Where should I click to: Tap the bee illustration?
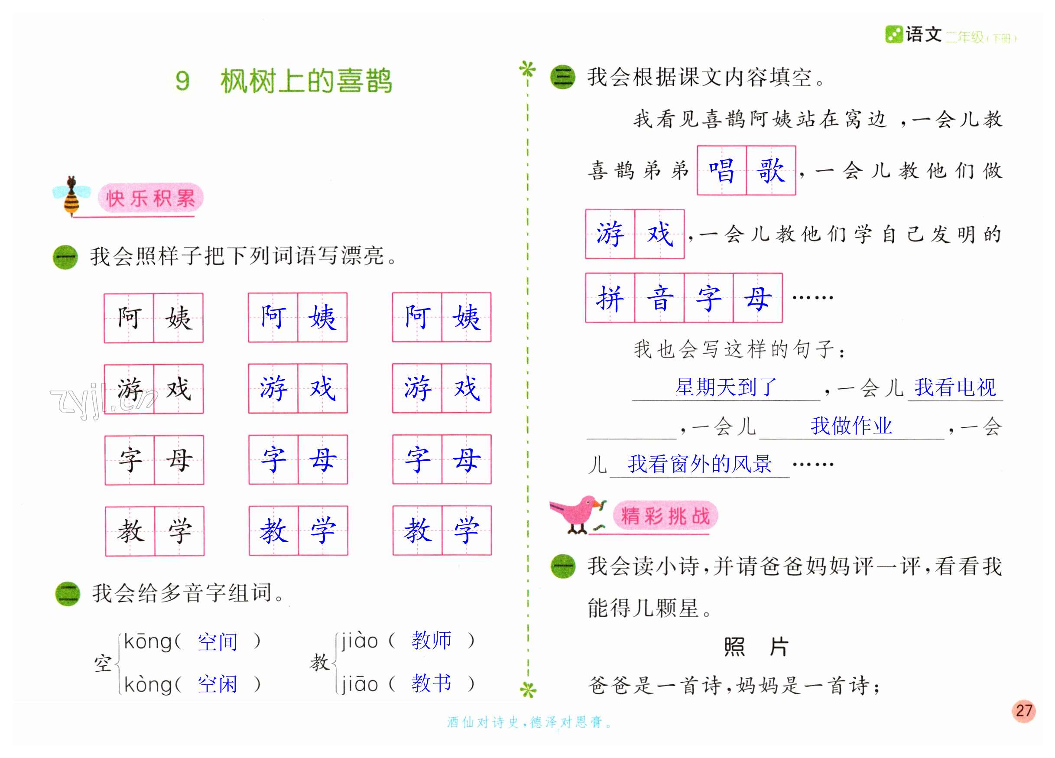(x=71, y=196)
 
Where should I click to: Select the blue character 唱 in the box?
(x=721, y=170)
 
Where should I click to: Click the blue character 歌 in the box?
(x=771, y=170)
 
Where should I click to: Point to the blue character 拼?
(x=610, y=298)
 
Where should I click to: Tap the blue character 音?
(x=659, y=298)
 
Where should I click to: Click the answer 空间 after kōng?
(x=217, y=642)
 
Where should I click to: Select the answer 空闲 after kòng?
(x=217, y=684)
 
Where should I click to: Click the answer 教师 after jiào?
(x=431, y=641)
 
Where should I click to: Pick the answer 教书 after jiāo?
(x=431, y=683)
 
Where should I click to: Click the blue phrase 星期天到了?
(x=726, y=387)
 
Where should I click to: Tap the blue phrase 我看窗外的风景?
(x=699, y=464)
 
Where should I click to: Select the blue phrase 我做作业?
(x=851, y=426)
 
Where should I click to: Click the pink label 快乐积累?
(x=150, y=198)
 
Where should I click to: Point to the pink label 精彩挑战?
(x=665, y=516)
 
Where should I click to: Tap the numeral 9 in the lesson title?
(x=182, y=81)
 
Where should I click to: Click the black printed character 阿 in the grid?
(x=129, y=318)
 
